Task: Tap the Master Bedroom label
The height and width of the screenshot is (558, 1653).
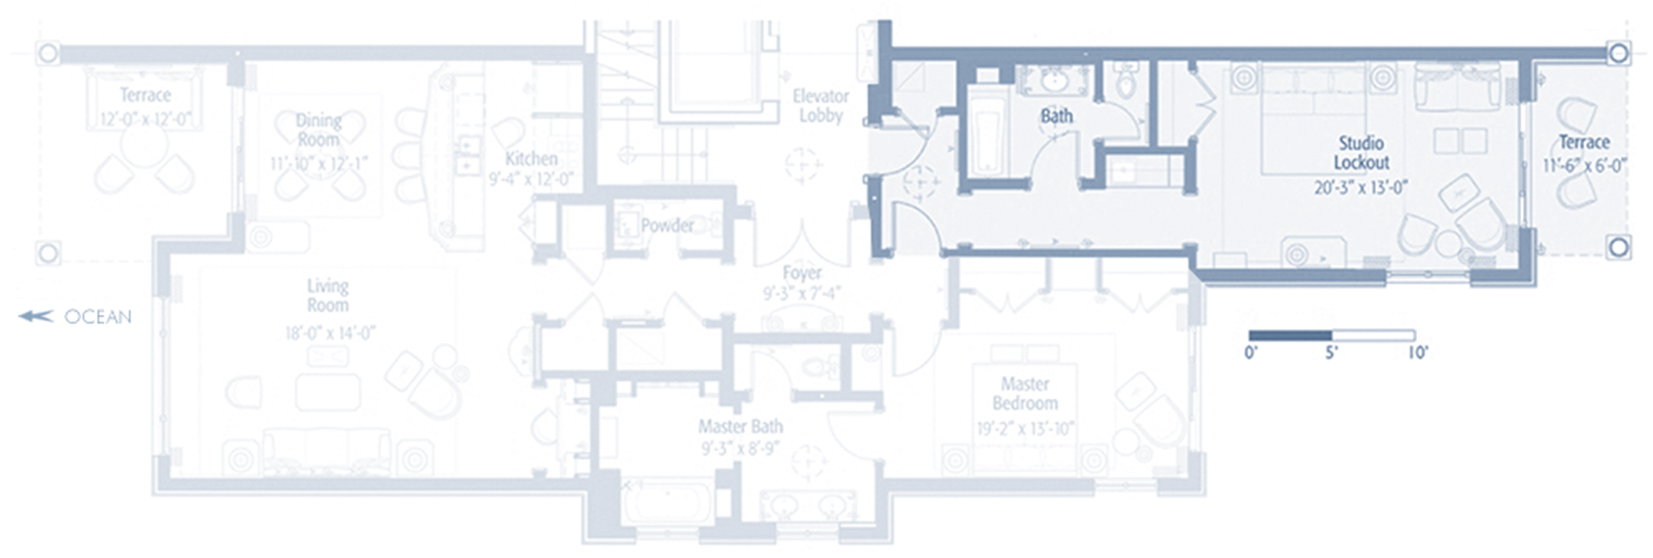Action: point(1025,393)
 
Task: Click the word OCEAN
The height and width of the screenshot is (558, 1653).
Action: point(98,317)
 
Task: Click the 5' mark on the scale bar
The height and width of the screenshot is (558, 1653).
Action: point(1332,352)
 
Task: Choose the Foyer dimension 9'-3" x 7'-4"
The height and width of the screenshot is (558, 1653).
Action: point(801,293)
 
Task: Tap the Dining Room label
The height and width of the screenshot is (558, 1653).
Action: point(318,130)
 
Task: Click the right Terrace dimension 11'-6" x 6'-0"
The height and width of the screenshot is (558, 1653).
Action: point(1584,165)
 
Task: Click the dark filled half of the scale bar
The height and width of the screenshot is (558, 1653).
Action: point(1290,335)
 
